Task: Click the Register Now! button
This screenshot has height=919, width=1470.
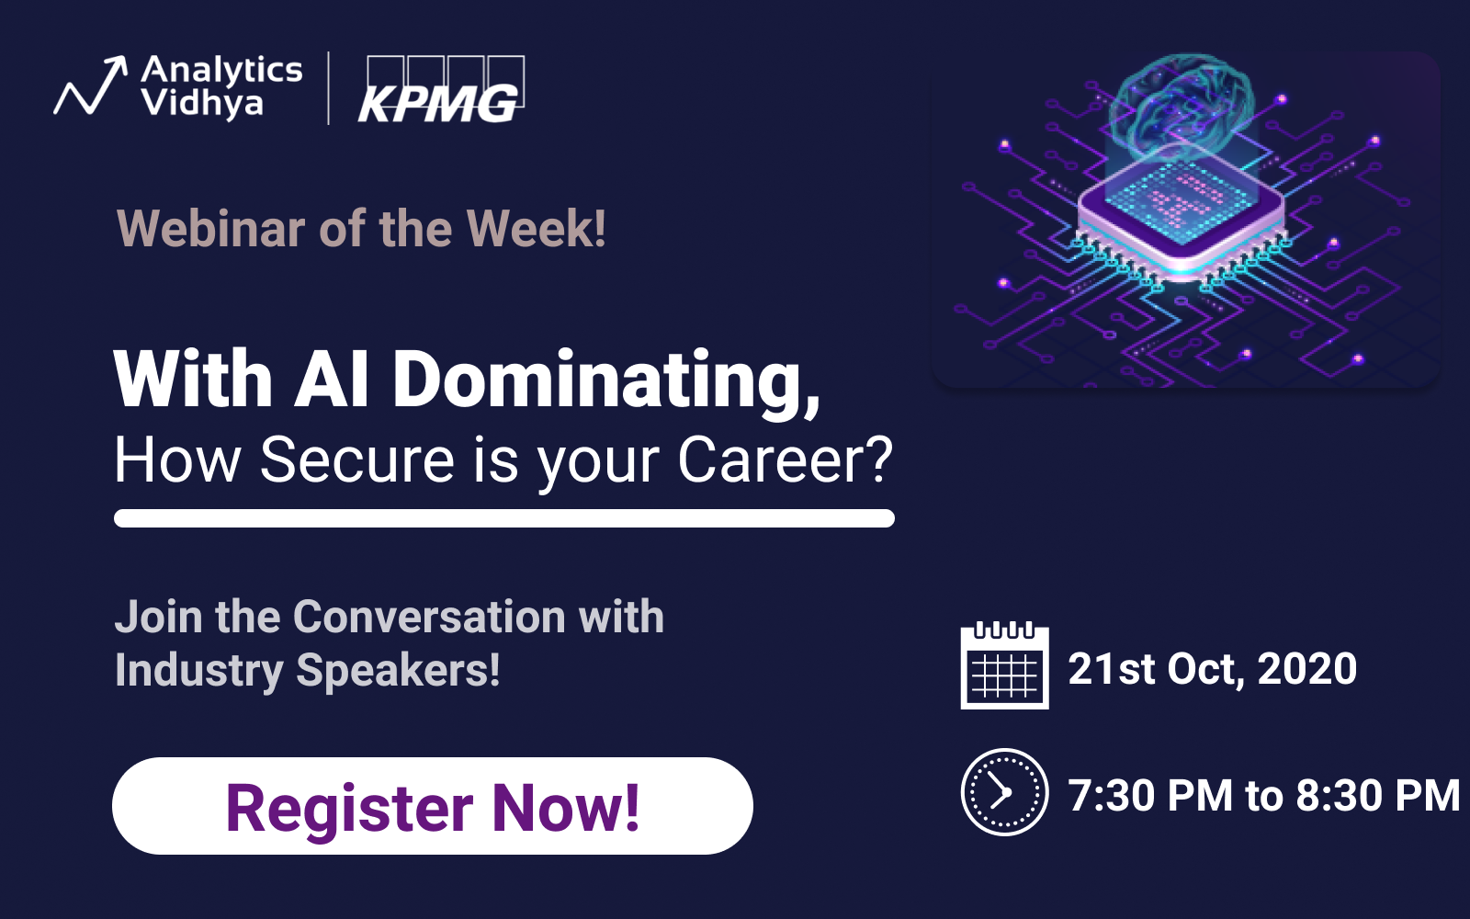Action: coord(433,805)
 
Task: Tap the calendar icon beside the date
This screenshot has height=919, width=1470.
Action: coord(1005,665)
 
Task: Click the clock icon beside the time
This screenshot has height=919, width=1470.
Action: coord(1005,791)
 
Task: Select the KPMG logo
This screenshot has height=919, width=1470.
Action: coord(441,89)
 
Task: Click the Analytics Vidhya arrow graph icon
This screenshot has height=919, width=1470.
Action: coord(91,85)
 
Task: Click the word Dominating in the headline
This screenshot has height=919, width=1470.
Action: coord(605,380)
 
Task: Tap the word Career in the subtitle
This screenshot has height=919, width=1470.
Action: coord(785,460)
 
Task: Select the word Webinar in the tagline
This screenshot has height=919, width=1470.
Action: coord(210,229)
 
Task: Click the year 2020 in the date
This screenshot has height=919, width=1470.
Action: coord(1306,669)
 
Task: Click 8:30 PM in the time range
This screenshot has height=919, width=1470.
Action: coord(1378,796)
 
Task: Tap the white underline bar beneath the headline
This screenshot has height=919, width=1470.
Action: coord(504,518)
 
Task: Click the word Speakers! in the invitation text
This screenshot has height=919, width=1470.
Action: coord(399,670)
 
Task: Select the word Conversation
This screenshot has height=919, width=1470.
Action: coord(429,617)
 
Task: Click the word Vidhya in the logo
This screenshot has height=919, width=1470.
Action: coord(202,103)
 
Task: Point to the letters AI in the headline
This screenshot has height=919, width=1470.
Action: coord(332,379)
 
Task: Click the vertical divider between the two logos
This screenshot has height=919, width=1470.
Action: coord(328,88)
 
